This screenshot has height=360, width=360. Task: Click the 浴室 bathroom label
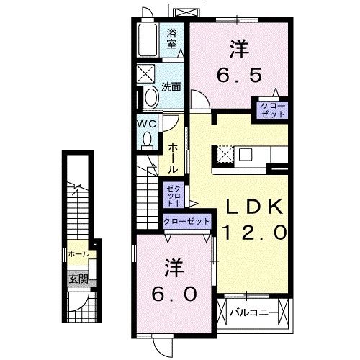(172, 37)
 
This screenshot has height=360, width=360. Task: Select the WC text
(148, 122)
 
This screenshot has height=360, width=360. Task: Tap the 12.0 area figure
(256, 233)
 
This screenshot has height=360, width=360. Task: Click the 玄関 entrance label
(77, 279)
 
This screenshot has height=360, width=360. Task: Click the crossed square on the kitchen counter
(223, 154)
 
